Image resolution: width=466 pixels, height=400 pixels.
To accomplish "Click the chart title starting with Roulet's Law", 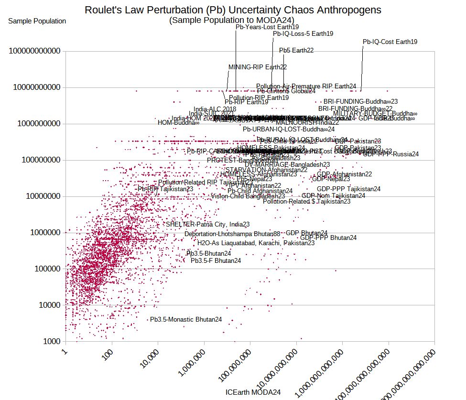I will tap(233, 10).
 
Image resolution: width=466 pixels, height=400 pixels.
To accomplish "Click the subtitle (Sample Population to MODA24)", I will tap(233, 20).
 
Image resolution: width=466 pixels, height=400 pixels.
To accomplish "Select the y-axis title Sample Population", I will tap(37, 21).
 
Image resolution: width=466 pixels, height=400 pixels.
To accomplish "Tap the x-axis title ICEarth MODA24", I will tap(253, 392).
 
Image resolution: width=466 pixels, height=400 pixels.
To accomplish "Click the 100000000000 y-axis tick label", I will tap(37, 51).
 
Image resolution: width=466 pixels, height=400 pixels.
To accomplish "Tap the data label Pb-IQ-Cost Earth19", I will tap(390, 42).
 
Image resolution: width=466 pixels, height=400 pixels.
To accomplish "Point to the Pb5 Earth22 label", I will tap(296, 50).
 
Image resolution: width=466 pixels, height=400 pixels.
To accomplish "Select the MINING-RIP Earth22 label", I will tap(257, 67).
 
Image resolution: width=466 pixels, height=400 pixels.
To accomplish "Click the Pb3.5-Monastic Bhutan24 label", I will tap(186, 319).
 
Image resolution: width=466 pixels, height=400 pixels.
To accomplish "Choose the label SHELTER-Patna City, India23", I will tap(207, 224).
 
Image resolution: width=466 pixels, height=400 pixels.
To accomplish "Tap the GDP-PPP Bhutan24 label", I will tap(328, 238).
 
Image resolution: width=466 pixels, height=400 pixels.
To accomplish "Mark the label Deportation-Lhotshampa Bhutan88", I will tap(232, 234).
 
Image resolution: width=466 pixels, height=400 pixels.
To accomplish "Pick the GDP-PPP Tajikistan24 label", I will tap(348, 189).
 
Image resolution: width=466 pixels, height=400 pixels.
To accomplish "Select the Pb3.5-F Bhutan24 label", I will tap(216, 261).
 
